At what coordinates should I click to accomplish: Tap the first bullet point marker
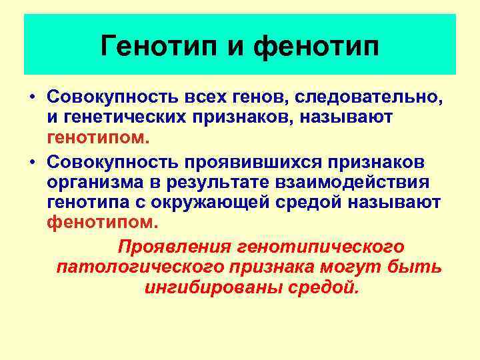point(31,97)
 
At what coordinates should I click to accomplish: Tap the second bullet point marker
point(31,163)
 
